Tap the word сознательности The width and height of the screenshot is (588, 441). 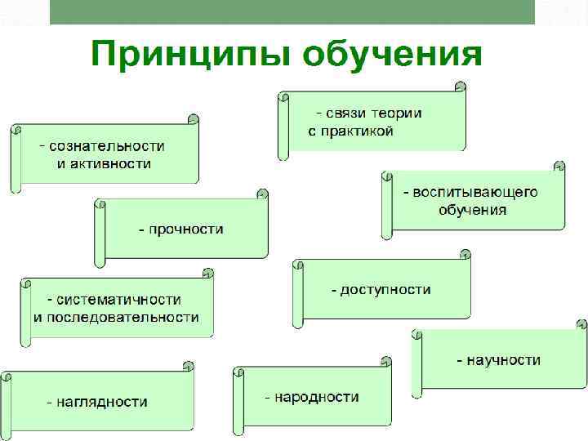(106, 146)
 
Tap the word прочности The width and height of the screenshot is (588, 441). (185, 229)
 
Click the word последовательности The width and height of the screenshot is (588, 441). (122, 317)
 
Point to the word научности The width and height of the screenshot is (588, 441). (503, 359)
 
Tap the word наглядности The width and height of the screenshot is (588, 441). (101, 401)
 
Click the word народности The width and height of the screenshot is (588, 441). (317, 397)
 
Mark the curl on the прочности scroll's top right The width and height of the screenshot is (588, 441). (262, 194)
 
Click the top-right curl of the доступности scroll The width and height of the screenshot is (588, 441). (465, 254)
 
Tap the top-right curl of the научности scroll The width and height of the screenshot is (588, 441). (581, 324)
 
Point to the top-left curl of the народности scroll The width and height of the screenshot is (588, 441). (239, 372)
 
